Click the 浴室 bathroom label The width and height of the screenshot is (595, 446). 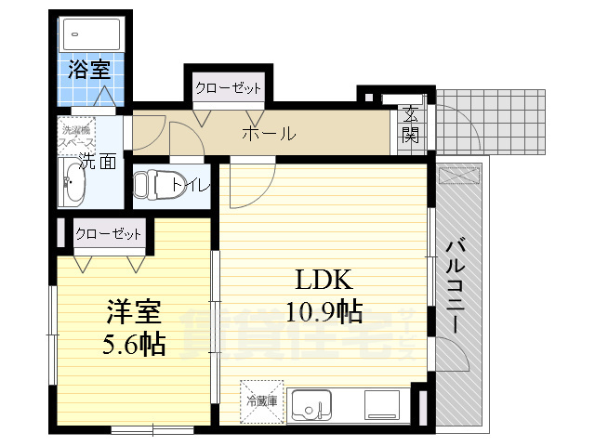(x=89, y=69)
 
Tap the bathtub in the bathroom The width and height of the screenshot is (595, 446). (x=89, y=35)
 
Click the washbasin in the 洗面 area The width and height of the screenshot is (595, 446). (x=72, y=184)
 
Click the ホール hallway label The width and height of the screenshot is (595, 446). (x=269, y=134)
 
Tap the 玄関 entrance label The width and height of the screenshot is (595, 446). (x=410, y=126)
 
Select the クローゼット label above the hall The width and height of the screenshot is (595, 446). (x=228, y=89)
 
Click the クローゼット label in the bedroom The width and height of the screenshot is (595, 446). (x=110, y=234)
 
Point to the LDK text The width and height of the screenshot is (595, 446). (x=323, y=281)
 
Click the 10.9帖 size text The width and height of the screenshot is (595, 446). (x=323, y=312)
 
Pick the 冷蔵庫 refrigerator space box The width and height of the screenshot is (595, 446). (x=261, y=400)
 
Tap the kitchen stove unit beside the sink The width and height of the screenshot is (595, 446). (x=383, y=404)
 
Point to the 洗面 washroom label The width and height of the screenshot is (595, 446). (x=95, y=161)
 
